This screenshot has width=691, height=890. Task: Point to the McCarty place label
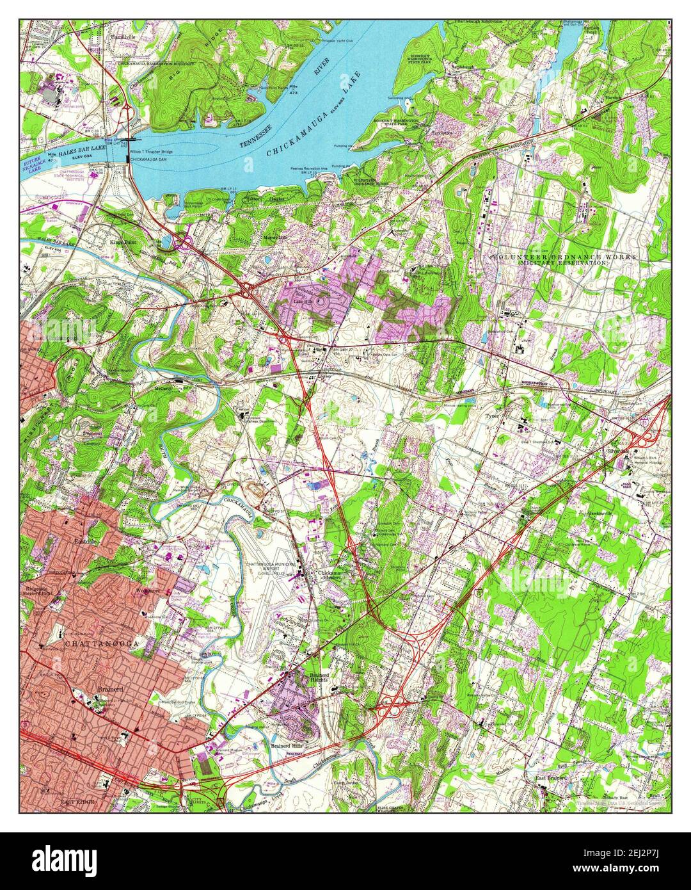click(163, 387)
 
